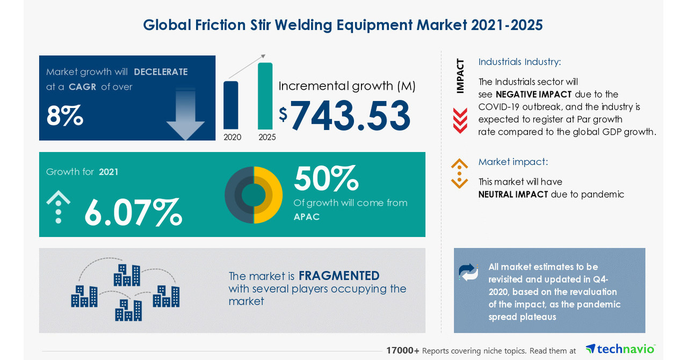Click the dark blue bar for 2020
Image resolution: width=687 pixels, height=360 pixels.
[230, 105]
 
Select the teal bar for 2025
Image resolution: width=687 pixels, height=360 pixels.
[265, 96]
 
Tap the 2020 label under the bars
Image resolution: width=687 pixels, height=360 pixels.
[232, 137]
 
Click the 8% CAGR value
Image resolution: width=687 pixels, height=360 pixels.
[64, 115]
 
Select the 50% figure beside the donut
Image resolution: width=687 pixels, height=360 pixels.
[326, 178]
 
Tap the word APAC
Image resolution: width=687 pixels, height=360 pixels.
[307, 217]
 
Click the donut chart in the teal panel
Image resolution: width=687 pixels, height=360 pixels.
[254, 195]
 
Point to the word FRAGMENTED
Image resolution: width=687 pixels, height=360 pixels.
[339, 276]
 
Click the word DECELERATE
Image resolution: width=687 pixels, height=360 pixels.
[161, 71]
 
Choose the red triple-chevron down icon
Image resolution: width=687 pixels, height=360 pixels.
[460, 120]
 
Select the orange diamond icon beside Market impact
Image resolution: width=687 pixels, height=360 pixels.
[459, 173]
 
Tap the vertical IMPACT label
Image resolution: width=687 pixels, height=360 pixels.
[460, 76]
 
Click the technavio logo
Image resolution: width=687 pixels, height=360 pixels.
[620, 349]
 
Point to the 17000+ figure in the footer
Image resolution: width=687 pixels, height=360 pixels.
[403, 350]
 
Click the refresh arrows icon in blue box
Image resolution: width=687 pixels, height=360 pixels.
[468, 272]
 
